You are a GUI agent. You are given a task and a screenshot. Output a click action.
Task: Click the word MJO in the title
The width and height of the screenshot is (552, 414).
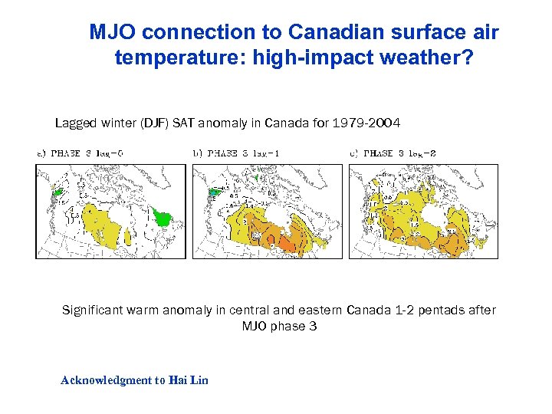pos(113,32)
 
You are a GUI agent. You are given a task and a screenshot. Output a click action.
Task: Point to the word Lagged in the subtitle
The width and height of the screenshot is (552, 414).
pos(74,123)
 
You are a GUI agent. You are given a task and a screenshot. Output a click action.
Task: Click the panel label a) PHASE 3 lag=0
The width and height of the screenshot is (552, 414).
pos(80,153)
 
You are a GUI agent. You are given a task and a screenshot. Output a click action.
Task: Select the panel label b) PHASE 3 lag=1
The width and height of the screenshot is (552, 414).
pos(235,153)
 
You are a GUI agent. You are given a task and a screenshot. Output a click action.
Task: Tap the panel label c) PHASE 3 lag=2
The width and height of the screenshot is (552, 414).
pos(393,153)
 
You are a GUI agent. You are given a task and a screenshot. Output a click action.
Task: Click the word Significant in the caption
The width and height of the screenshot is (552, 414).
pos(94,310)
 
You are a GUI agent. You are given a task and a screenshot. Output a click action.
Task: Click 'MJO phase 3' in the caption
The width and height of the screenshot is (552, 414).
pos(279,327)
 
